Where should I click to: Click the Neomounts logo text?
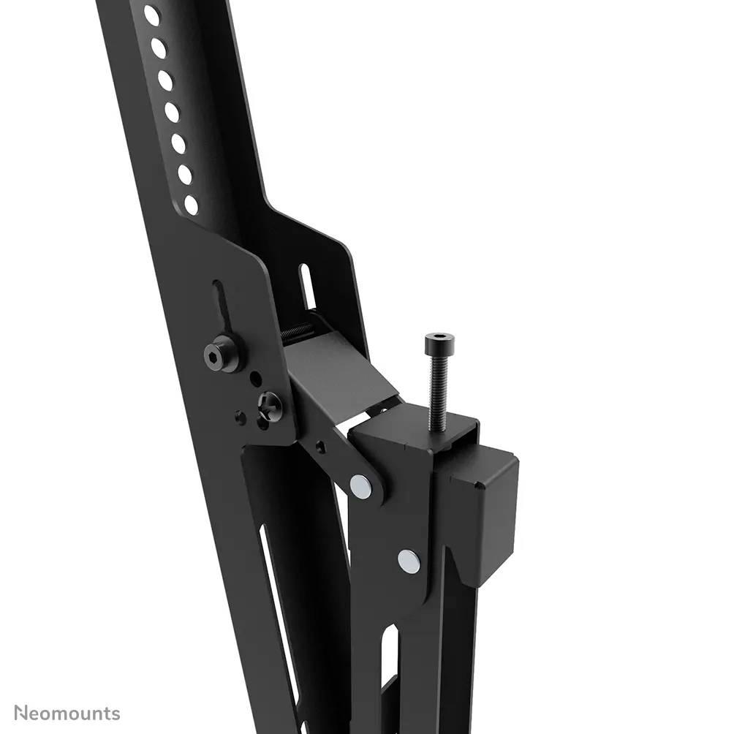pyautogui.click(x=67, y=713)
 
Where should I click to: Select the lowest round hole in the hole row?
pyautogui.click(x=192, y=205)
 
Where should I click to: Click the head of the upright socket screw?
pyautogui.click(x=439, y=341)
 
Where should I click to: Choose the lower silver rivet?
pyautogui.click(x=409, y=561)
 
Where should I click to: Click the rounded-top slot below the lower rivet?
pyautogui.click(x=390, y=673)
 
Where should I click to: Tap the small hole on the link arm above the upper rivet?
pyautogui.click(x=319, y=444)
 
